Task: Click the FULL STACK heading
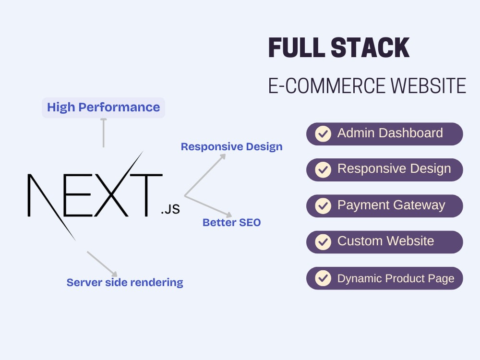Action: tap(338, 48)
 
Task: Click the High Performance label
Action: tap(103, 108)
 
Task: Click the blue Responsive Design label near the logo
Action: tap(231, 147)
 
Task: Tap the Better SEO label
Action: tap(231, 223)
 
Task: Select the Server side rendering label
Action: tap(125, 282)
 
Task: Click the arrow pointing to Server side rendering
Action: tap(102, 264)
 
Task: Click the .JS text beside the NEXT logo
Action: tap(170, 210)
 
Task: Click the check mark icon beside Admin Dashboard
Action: tap(323, 134)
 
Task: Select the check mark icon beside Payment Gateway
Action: tap(323, 206)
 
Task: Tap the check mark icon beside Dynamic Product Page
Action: tap(323, 278)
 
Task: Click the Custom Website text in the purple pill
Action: tap(385, 241)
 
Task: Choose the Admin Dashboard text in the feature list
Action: tap(390, 133)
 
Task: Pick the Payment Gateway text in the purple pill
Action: tap(391, 205)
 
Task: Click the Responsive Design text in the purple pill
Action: tap(394, 169)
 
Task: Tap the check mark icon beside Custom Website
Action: tap(323, 242)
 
